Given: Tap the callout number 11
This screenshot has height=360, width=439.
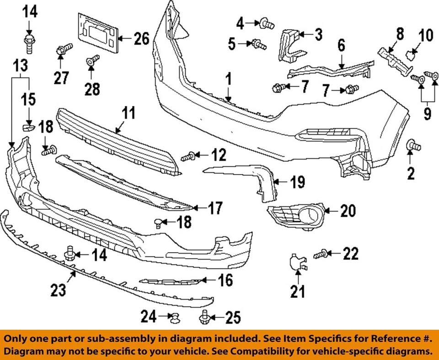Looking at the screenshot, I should pyautogui.click(x=128, y=113).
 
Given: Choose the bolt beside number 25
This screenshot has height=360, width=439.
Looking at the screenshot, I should pyautogui.click(x=203, y=316).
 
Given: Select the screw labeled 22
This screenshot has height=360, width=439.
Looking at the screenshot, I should pyautogui.click(x=321, y=253).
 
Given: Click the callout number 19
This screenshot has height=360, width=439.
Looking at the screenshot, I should pyautogui.click(x=297, y=183).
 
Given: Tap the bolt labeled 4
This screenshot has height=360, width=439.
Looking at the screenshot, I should pyautogui.click(x=265, y=21).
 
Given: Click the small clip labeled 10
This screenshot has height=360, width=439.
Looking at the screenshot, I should pyautogui.click(x=412, y=56).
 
